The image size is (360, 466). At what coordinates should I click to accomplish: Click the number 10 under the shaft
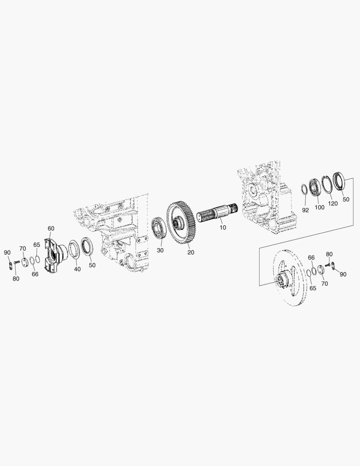click(223, 227)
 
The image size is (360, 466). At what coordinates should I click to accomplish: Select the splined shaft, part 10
click(217, 214)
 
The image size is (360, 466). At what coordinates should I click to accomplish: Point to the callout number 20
click(191, 252)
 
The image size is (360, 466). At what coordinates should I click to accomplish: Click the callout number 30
click(160, 250)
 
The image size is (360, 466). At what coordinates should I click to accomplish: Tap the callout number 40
click(77, 269)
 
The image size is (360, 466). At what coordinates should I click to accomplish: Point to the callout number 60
click(51, 228)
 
